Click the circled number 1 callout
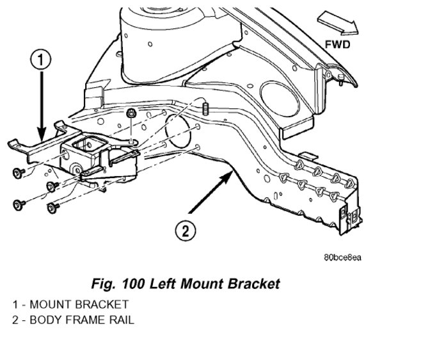coord(40,61)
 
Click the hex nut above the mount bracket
coord(131,114)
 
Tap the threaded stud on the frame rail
coord(206,108)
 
